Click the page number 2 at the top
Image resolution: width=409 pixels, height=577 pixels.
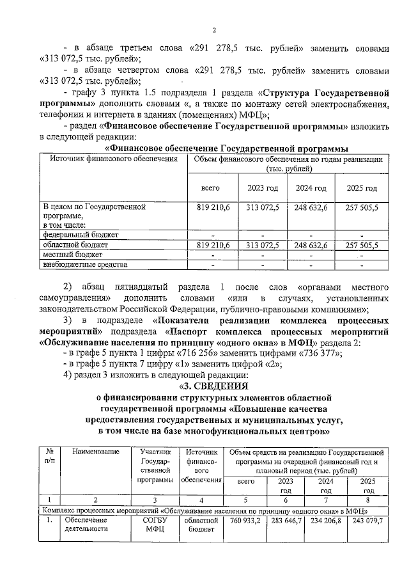click(214, 29)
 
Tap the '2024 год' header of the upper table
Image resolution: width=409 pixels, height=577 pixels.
click(311, 188)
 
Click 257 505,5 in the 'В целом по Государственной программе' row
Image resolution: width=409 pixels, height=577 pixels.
click(362, 208)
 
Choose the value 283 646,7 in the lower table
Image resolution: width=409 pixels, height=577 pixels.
click(287, 521)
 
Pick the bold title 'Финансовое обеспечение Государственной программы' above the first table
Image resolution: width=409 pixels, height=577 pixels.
click(221, 148)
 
